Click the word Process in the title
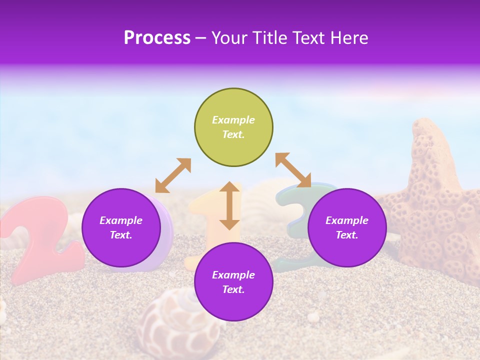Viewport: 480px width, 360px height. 157,38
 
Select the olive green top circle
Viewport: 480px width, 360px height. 233,127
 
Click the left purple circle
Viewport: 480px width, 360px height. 121,227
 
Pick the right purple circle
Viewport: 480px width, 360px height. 347,227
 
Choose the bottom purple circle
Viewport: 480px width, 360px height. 233,282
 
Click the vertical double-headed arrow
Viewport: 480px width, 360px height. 229,205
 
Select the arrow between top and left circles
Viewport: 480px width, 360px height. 173,175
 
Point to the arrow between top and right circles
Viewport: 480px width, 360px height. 293,170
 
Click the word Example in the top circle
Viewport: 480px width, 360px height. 233,120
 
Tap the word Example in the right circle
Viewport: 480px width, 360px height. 347,220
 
